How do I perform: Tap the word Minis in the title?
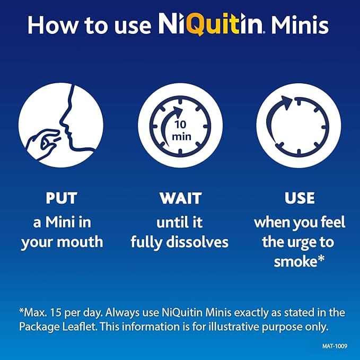[x=300, y=25]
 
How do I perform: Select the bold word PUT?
[x=62, y=198]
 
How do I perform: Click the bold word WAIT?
[x=181, y=198]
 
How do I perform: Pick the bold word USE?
[x=300, y=198]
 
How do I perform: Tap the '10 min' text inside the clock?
[x=181, y=130]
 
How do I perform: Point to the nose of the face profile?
[x=63, y=122]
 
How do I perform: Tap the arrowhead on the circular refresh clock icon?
[x=286, y=102]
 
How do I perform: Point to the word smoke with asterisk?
[x=299, y=261]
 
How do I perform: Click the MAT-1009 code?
[x=335, y=346]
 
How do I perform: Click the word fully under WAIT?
[x=146, y=243]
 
